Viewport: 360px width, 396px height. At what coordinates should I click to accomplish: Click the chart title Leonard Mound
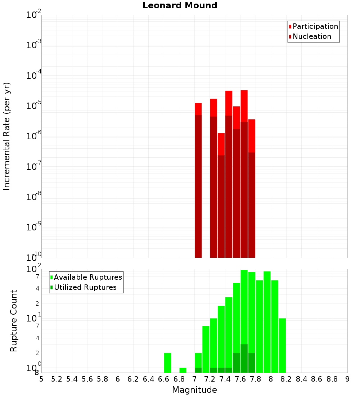180,6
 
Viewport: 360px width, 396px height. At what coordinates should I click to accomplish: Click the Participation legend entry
315,26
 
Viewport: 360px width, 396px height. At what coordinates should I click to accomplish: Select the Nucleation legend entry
311,36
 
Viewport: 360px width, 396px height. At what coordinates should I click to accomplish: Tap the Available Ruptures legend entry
87,277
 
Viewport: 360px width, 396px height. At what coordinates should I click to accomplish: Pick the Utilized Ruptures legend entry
85,287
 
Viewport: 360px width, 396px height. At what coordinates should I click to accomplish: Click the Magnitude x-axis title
194,390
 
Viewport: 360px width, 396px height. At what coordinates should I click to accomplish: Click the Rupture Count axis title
14,321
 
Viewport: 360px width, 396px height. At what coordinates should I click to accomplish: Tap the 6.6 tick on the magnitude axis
164,379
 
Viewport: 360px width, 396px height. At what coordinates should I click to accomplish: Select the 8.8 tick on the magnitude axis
332,379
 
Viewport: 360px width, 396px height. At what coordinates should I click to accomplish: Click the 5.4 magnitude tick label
72,379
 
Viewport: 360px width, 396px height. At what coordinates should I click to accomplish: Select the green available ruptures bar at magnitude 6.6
167,363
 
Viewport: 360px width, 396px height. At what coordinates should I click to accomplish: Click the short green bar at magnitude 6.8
183,370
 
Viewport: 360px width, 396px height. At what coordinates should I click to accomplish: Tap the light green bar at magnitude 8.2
282,345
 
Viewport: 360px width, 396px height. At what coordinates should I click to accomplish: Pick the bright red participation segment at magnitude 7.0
198,109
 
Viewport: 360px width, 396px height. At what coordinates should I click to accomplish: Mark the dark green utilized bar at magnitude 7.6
236,363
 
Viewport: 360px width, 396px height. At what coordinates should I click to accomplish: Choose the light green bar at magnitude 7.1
206,349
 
